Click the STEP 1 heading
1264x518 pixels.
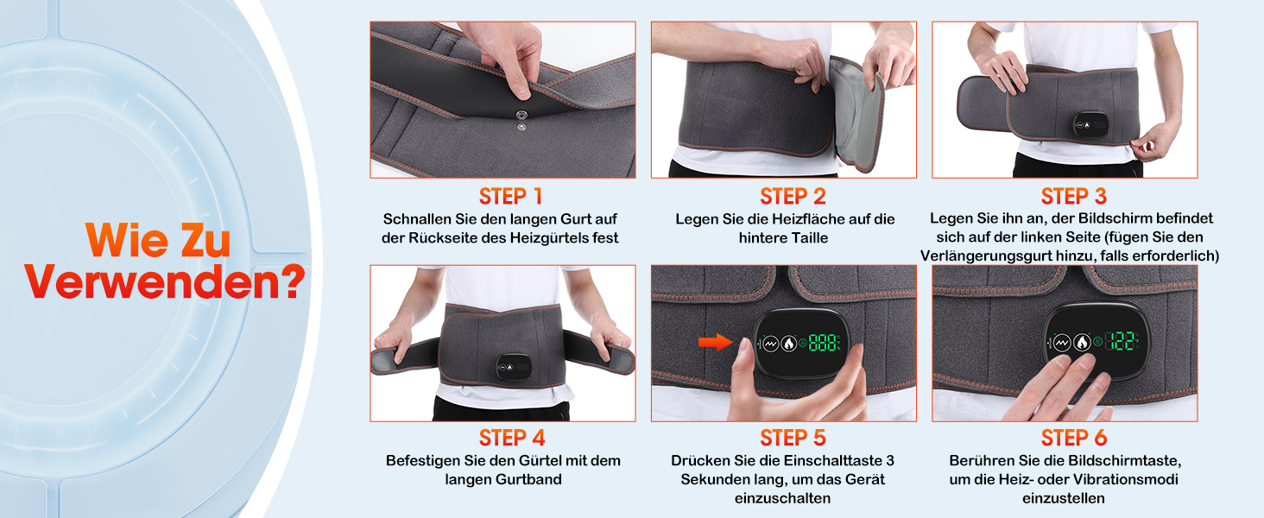[510, 196]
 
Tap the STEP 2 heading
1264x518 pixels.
[793, 196]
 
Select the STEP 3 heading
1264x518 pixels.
[1073, 196]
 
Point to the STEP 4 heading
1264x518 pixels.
[512, 438]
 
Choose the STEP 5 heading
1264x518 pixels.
[793, 438]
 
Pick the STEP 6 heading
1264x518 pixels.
[1073, 438]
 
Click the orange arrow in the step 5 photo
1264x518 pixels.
[716, 341]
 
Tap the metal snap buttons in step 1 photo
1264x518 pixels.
[521, 121]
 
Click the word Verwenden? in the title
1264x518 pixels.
[164, 281]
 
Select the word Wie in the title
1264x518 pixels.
[127, 240]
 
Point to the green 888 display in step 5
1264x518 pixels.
[825, 343]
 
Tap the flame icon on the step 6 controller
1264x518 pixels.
[1082, 342]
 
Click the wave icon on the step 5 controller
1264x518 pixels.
[771, 343]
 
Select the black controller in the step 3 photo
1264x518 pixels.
[1090, 124]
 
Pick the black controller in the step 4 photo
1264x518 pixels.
[514, 367]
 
